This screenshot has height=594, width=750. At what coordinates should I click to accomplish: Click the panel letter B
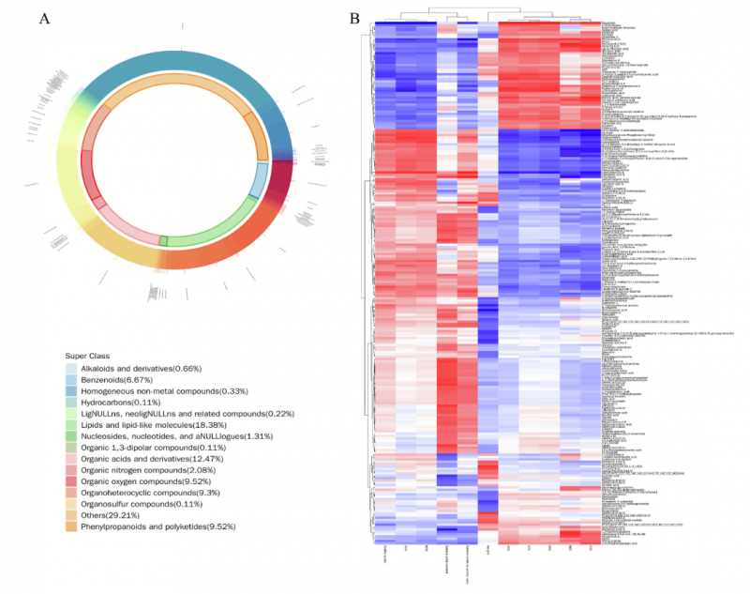(x=354, y=18)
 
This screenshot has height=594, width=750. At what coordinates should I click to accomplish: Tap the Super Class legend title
(x=89, y=357)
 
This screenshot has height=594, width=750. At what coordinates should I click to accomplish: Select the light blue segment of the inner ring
(x=255, y=179)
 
